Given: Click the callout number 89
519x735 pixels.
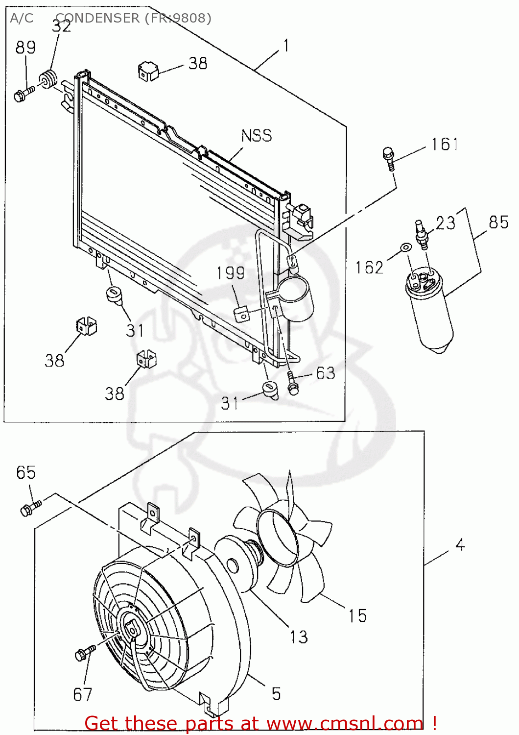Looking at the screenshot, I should coord(25,48).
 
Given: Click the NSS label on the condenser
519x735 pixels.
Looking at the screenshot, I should coord(256,136).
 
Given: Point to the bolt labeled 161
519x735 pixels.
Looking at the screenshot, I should coord(389,157).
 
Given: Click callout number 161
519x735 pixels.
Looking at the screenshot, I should coord(444,145).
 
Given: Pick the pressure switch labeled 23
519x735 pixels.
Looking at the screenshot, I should coord(422,235).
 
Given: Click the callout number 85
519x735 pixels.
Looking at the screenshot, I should coord(498,222).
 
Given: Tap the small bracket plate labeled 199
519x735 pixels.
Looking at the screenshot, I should coord(243,314).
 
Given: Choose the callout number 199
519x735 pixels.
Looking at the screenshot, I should coord(230,273).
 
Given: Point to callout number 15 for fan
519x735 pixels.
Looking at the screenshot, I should coord(357,615).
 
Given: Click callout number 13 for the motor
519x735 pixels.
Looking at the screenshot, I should coord(299,637).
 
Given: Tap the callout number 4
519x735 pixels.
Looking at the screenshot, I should coord(460,544).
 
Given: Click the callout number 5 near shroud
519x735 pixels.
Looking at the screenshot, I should coord(276,693).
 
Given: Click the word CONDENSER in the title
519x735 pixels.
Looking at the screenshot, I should coord(98,18).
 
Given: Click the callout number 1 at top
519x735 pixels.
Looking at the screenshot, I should coord(286,46).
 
